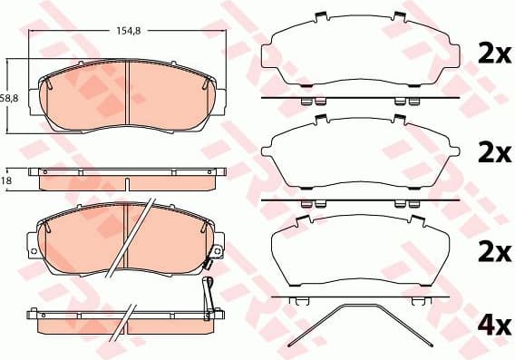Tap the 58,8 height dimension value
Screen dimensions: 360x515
coord(8,97)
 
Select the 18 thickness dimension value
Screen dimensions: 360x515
coord(7,182)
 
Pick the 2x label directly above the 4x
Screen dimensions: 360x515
coord(495,249)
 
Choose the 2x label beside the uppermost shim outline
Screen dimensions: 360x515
coord(495,54)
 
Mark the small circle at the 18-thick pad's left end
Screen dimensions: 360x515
coord(34,172)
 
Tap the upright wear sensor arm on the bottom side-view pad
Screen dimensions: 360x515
coord(208,294)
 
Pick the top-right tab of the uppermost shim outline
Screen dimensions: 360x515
coord(399,17)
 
